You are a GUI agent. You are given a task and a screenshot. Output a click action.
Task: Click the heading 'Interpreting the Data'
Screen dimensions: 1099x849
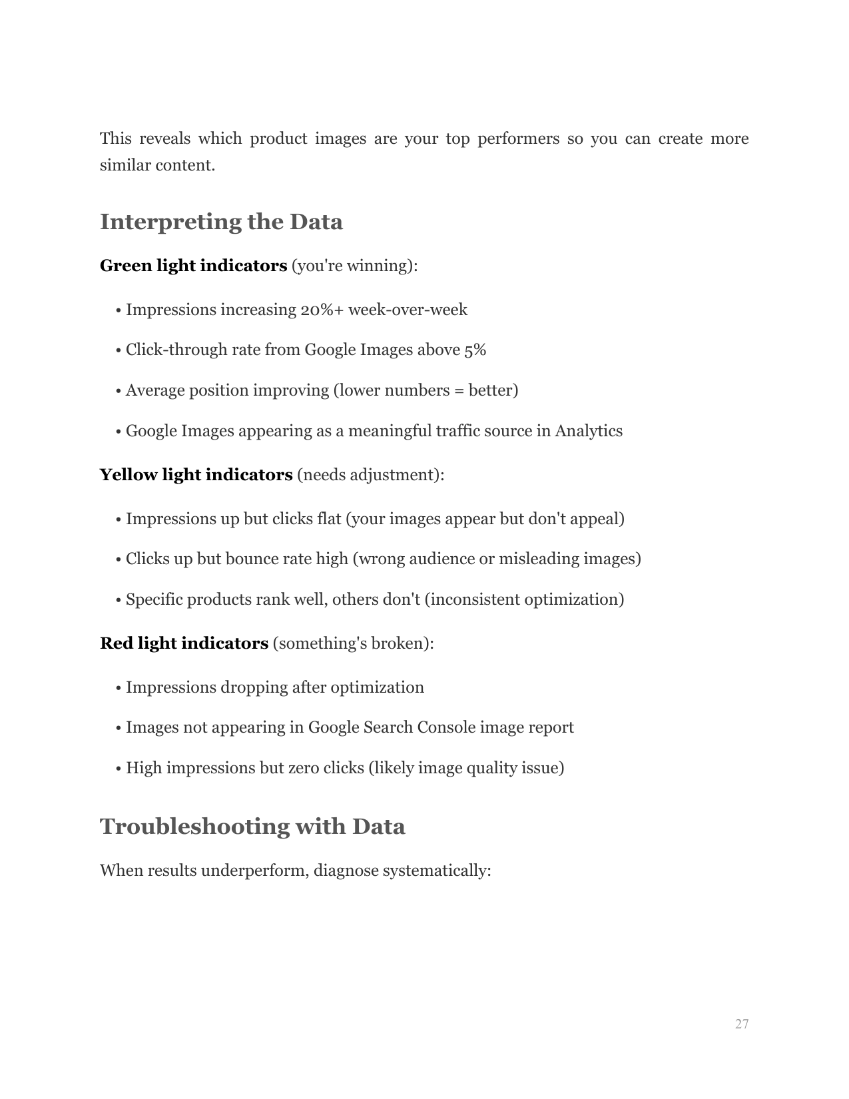221,222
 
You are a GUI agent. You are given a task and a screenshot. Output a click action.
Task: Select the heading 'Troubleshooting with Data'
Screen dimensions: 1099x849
252,827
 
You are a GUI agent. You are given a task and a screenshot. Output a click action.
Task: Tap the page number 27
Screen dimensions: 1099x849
742,1024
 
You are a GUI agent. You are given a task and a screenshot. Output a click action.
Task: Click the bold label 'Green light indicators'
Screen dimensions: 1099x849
193,266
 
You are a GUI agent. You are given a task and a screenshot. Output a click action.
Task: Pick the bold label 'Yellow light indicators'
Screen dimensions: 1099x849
196,475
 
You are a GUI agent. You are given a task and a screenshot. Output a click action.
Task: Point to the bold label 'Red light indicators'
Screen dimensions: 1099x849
184,643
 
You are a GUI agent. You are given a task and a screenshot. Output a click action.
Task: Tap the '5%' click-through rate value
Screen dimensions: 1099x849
475,350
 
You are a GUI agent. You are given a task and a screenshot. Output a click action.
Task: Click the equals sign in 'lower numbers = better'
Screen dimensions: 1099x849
458,390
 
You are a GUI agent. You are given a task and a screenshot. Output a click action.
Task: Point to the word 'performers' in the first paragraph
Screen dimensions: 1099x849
518,139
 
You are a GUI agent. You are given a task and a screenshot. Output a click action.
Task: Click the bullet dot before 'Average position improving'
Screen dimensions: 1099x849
119,391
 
